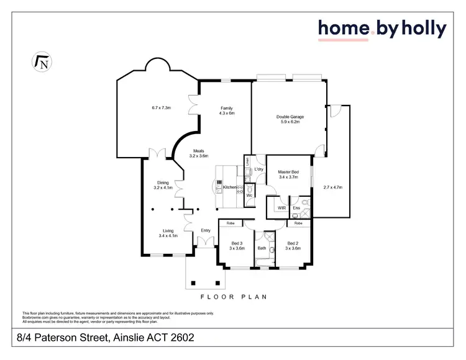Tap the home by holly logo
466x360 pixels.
click(x=382, y=29)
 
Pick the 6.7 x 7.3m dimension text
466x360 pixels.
click(x=162, y=108)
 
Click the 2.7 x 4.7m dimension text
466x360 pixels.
click(x=334, y=187)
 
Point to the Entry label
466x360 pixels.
click(x=206, y=230)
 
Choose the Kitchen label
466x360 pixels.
click(x=230, y=187)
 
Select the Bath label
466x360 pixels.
click(x=262, y=248)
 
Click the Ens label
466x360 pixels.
click(x=296, y=207)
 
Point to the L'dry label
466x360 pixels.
click(x=259, y=169)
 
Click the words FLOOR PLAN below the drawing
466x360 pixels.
click(x=233, y=297)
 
